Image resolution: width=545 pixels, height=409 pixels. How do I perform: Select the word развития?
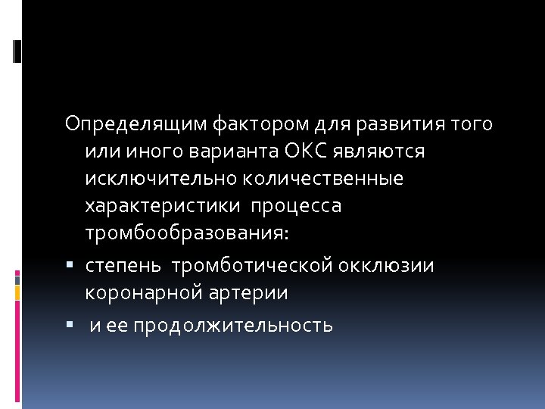pos(398,123)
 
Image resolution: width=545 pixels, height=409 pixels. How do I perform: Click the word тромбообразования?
pos(186,235)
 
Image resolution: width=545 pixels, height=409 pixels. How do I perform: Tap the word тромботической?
pos(252,266)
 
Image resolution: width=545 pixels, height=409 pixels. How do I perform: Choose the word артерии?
pos(244,293)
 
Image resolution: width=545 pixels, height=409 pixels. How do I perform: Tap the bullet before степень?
pos(69,265)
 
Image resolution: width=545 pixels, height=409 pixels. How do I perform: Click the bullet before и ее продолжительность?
pos(69,326)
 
